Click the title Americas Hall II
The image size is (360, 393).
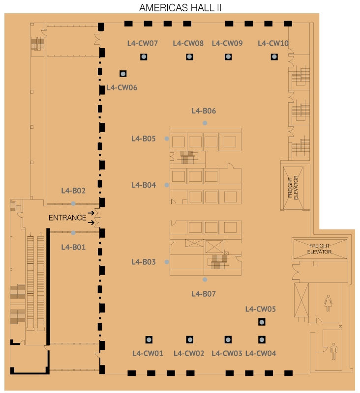[180, 8]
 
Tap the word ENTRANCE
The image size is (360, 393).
[67, 218]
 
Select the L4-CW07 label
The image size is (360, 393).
[143, 43]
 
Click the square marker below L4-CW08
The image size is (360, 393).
[189, 57]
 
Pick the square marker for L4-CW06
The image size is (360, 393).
[123, 74]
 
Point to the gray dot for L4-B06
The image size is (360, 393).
[205, 123]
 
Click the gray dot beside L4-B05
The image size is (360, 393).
[167, 139]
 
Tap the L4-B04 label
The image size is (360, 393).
[144, 185]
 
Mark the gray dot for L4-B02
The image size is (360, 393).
[73, 203]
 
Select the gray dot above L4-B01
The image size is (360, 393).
[73, 233]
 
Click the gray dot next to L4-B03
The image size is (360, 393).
[167, 262]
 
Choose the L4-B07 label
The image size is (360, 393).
[204, 294]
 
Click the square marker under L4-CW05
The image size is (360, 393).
[262, 322]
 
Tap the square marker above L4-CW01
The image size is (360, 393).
[149, 340]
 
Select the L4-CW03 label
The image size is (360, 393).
[227, 353]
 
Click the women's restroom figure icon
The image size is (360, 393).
[328, 303]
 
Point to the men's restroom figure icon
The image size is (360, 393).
[333, 351]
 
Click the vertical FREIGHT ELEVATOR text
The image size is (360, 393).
[293, 188]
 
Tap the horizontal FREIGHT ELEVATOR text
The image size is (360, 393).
[319, 249]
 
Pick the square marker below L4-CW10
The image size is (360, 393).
[274, 57]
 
